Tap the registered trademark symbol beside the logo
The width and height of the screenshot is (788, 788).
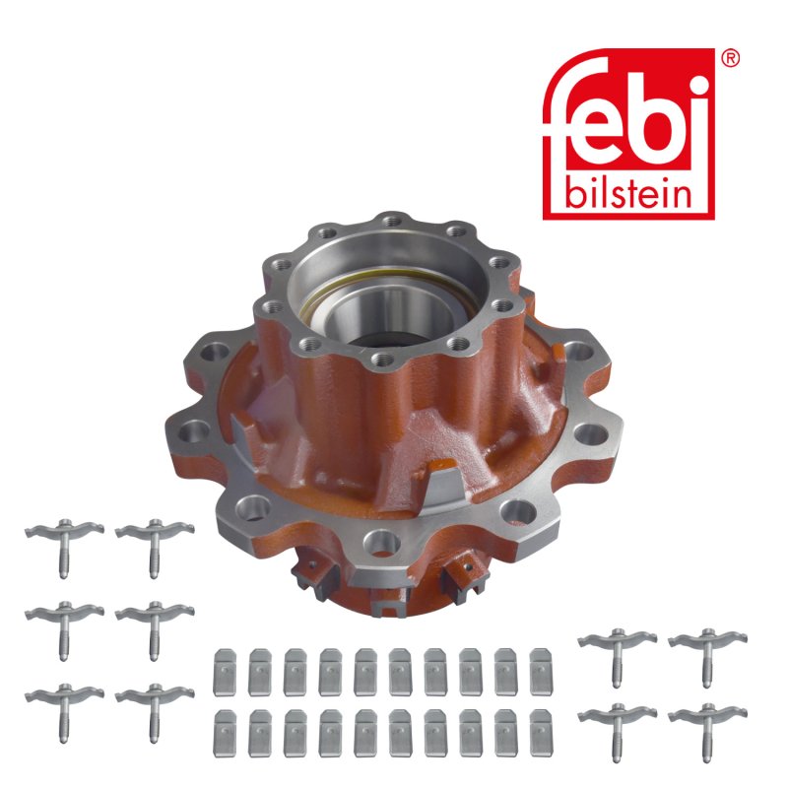coord(730,59)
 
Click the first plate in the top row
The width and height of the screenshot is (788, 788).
coord(225,673)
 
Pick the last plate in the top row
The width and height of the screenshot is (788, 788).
coord(541,672)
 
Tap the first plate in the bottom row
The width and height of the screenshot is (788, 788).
coord(225,733)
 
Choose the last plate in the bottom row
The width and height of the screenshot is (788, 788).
coord(541,733)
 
